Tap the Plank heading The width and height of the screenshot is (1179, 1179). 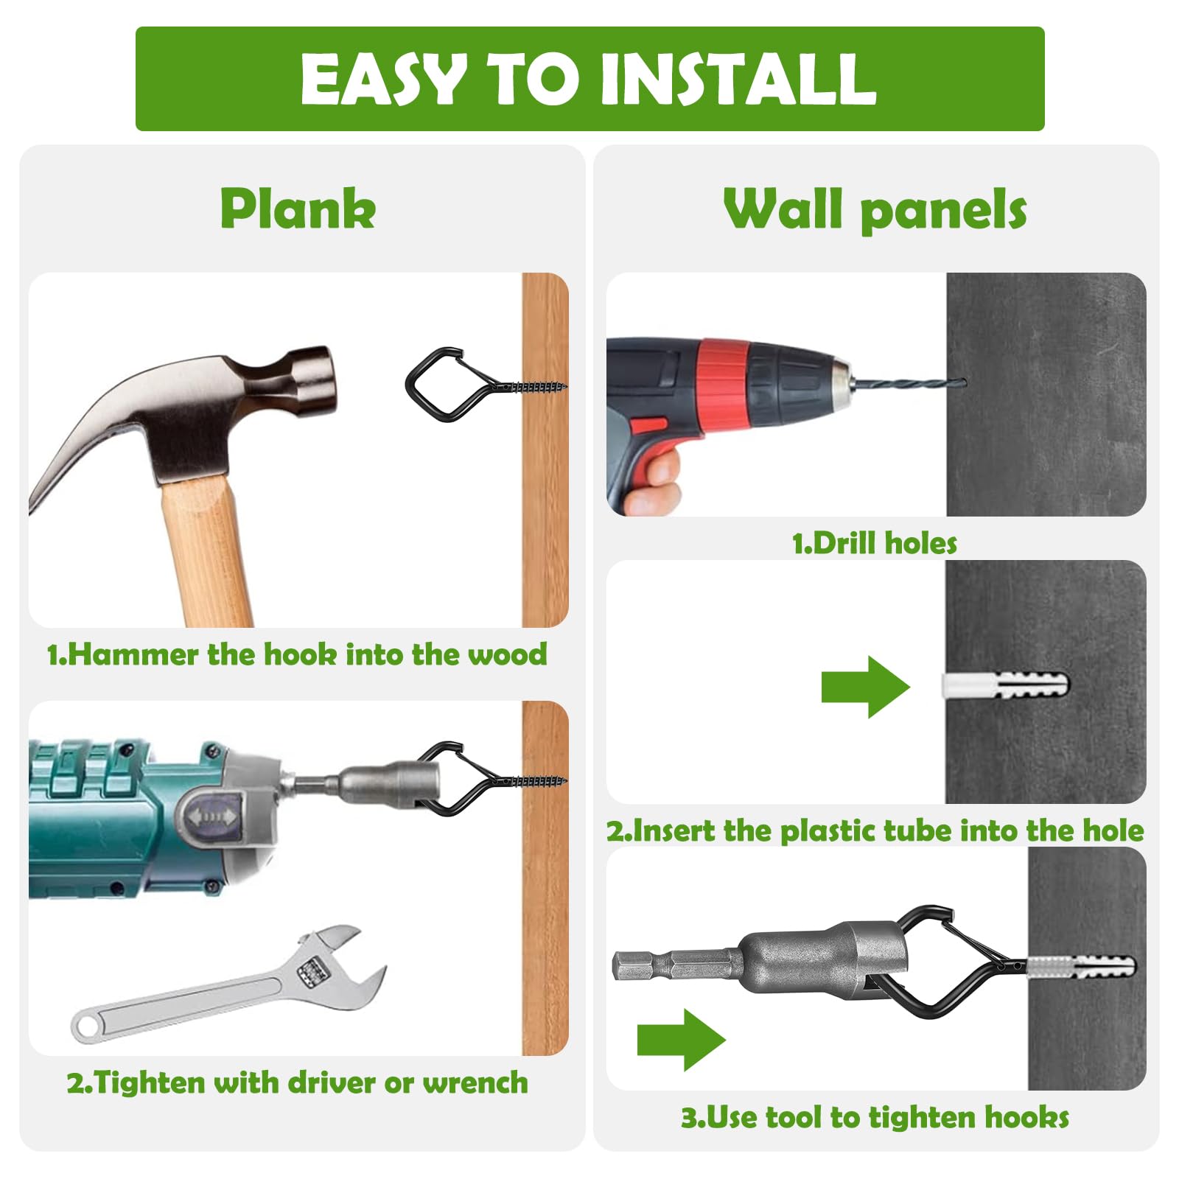[x=298, y=209]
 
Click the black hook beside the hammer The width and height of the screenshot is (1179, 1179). [x=442, y=385]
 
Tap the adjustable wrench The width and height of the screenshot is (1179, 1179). [x=228, y=984]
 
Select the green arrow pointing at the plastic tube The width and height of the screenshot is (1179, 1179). [x=866, y=687]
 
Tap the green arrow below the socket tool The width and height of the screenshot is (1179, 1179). [x=682, y=1039]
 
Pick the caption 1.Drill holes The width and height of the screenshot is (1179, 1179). [x=875, y=544]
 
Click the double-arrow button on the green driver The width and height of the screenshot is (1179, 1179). [x=211, y=816]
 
